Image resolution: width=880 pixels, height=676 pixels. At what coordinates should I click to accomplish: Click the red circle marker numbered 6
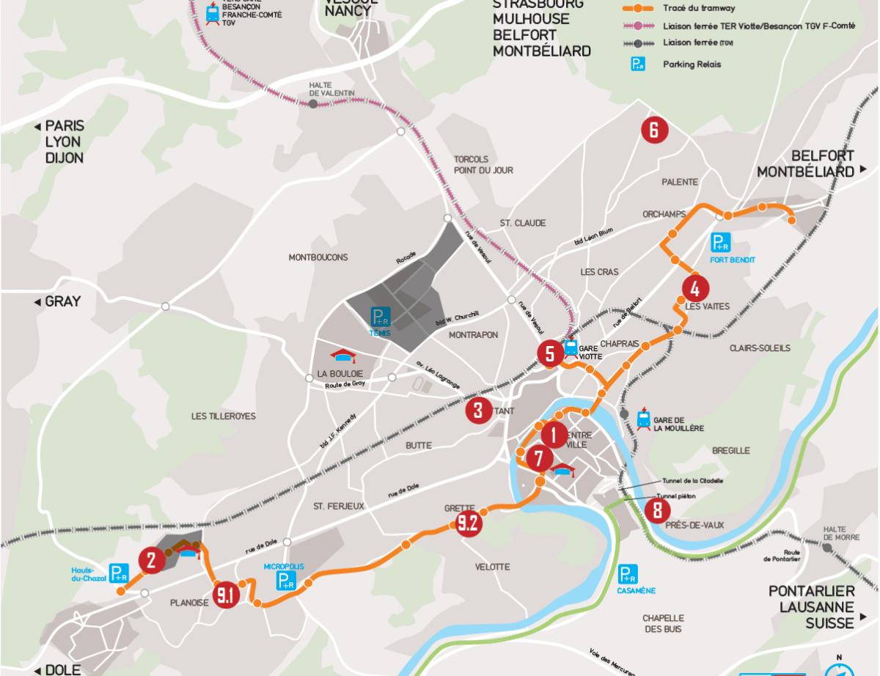pyautogui.click(x=654, y=131)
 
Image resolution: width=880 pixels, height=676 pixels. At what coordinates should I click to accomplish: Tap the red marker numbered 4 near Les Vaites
pyautogui.click(x=695, y=287)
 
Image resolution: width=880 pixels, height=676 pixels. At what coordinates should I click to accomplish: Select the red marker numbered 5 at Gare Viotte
pyautogui.click(x=550, y=353)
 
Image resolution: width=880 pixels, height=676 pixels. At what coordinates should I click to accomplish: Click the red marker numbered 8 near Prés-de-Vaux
pyautogui.click(x=657, y=510)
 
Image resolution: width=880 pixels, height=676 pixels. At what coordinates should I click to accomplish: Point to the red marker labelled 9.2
pyautogui.click(x=467, y=523)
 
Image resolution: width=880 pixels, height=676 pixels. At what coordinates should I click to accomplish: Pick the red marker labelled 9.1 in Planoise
pyautogui.click(x=225, y=595)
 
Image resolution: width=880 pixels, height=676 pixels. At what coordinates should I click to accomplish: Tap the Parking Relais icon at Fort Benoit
pyautogui.click(x=722, y=242)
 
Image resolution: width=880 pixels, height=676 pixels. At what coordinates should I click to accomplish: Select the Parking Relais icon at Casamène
pyautogui.click(x=628, y=574)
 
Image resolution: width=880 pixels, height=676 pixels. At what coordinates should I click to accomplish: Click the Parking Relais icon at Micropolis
pyautogui.click(x=286, y=581)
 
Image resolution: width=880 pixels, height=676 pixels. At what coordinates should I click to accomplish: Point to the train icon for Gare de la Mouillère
pyautogui.click(x=643, y=419)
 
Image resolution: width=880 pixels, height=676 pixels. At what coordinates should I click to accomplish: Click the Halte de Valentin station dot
pyautogui.click(x=313, y=104)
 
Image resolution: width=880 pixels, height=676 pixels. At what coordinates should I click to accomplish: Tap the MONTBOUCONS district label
pyautogui.click(x=318, y=257)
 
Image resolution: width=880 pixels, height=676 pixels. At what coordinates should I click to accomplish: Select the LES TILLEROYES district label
pyautogui.click(x=224, y=416)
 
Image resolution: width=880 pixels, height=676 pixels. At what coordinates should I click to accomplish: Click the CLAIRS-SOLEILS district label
pyautogui.click(x=760, y=348)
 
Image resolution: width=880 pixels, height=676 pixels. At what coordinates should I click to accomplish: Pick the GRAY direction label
pyautogui.click(x=63, y=301)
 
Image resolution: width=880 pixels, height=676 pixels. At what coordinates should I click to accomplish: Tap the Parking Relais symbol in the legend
pyautogui.click(x=639, y=65)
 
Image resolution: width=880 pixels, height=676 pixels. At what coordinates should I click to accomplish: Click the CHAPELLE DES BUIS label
pyautogui.click(x=664, y=623)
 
